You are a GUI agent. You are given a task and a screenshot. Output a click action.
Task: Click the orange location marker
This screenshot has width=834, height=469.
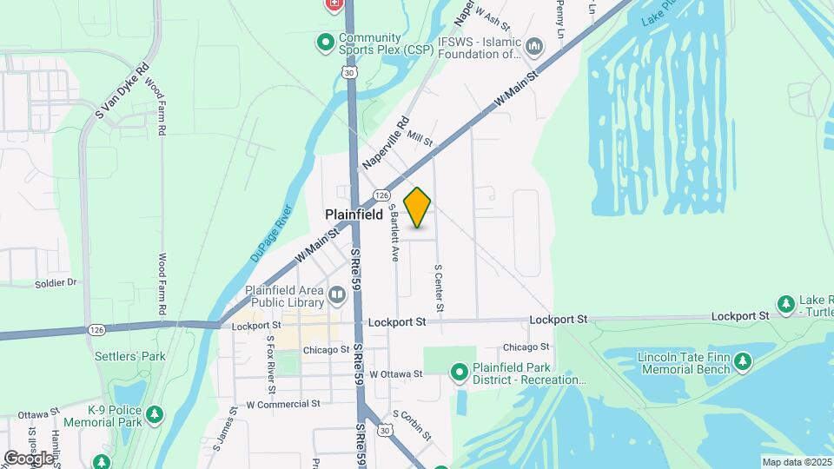(418, 208)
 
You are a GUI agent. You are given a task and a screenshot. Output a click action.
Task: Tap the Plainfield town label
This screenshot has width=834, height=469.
(354, 215)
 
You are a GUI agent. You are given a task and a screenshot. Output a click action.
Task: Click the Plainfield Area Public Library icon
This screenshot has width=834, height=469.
(337, 297)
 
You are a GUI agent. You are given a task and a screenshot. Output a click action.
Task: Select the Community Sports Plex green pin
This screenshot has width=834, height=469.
(326, 41)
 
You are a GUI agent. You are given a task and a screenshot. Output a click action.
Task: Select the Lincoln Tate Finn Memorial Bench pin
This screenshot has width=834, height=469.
(742, 360)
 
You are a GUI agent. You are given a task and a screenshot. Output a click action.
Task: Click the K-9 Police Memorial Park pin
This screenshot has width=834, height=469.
(155, 414)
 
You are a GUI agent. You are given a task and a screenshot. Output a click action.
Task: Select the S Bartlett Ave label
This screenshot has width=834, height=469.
(394, 233)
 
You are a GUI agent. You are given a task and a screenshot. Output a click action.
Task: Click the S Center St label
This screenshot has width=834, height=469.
(439, 288)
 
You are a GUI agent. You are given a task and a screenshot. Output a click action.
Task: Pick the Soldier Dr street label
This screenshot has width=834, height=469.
(56, 282)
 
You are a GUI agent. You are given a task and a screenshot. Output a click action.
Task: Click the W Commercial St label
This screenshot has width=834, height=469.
(283, 404)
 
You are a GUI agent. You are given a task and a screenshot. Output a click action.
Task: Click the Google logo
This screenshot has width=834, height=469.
(28, 458)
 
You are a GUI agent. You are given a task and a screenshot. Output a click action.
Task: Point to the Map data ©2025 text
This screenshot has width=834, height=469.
(797, 462)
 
